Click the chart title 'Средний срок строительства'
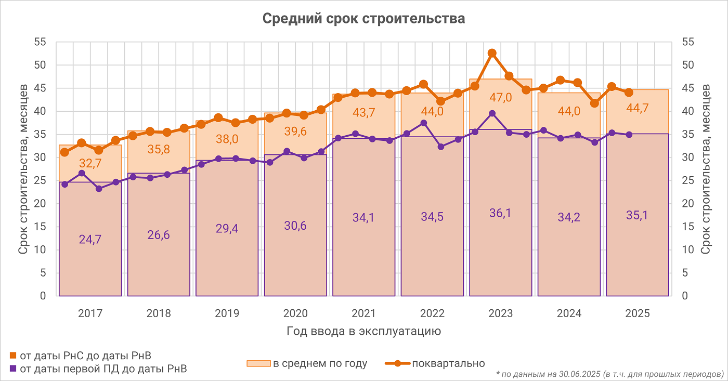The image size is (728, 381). tap(363, 19)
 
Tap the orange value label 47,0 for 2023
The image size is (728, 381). tap(501, 98)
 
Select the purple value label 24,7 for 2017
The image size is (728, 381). tap(90, 240)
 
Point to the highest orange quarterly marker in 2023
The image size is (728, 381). tap(492, 54)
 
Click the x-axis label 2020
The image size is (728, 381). tap(295, 314)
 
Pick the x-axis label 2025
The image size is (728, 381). tap(638, 314)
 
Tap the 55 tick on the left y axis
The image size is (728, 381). tap(41, 43)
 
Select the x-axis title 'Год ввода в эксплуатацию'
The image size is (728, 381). tap(363, 332)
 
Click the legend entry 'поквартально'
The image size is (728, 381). tap(448, 363)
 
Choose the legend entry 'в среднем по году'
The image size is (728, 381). tap(320, 363)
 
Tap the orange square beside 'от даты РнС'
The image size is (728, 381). tap(13, 356)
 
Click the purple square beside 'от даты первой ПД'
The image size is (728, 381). tap(13, 369)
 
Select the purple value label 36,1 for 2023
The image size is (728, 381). tap(501, 213)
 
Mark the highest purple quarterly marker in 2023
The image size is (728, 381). tap(492, 114)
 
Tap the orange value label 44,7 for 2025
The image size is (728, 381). tap(638, 108)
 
